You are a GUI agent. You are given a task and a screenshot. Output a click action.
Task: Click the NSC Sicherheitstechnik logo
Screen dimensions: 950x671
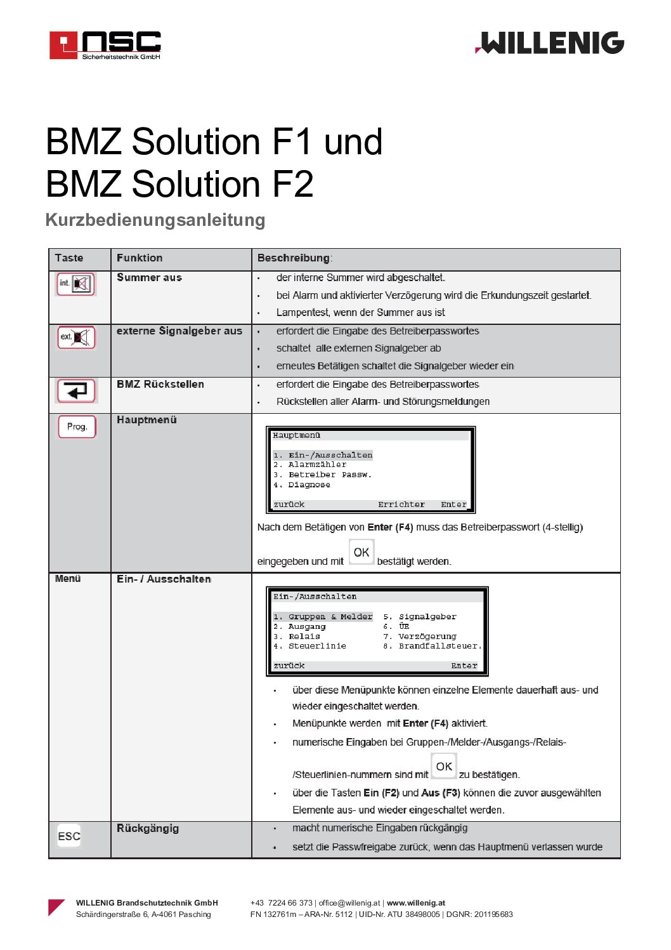[105, 45]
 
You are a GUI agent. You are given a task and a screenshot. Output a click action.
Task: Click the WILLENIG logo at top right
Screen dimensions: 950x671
[550, 43]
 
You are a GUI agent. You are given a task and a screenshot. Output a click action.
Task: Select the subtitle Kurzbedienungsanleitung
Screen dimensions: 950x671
[155, 220]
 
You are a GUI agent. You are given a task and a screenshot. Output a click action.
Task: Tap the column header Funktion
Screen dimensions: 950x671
[140, 258]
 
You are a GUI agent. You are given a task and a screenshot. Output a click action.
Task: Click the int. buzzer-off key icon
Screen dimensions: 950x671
[76, 284]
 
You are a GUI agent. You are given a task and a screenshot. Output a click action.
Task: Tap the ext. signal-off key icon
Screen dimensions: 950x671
[76, 337]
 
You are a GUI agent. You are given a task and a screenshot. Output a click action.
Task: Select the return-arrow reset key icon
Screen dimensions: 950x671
[76, 390]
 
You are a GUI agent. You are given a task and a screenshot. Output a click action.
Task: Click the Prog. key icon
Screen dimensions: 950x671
[77, 426]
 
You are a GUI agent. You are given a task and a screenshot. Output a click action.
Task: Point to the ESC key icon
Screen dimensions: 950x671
[69, 836]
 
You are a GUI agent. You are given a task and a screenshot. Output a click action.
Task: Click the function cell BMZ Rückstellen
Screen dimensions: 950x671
[160, 385]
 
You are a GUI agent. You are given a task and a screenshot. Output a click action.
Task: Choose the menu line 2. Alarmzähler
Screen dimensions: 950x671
[310, 465]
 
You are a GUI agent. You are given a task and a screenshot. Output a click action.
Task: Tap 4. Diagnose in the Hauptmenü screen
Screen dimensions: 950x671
[302, 485]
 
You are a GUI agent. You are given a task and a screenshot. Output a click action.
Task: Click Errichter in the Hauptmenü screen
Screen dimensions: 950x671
[401, 505]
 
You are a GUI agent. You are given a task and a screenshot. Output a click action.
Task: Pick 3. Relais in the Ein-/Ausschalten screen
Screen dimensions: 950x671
[297, 637]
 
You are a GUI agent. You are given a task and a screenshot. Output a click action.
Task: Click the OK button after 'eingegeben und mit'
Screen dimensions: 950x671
[362, 552]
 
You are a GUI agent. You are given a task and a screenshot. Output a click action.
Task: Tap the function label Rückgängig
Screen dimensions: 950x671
[148, 829]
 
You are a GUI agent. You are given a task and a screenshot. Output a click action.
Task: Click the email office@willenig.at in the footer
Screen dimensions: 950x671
[349, 903]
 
